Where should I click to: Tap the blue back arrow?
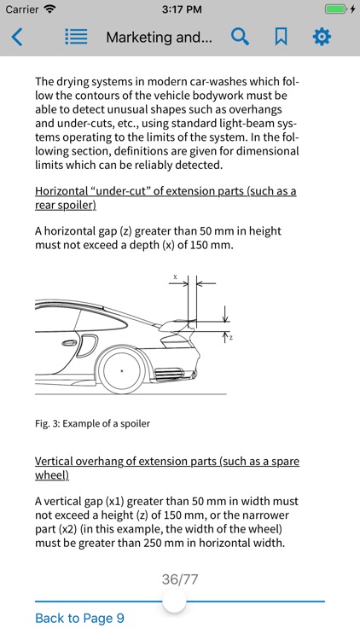tap(17, 37)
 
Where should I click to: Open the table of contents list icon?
tap(77, 37)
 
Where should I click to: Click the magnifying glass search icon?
tap(241, 37)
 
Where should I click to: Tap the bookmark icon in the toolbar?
tap(281, 37)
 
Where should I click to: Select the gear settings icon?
tap(322, 37)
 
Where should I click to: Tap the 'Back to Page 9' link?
tap(79, 618)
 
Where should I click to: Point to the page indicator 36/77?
tap(180, 579)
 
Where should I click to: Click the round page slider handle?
tap(174, 602)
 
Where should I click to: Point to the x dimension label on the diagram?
tap(175, 277)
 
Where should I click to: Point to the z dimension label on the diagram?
tap(230, 338)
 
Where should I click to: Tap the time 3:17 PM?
tap(180, 9)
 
